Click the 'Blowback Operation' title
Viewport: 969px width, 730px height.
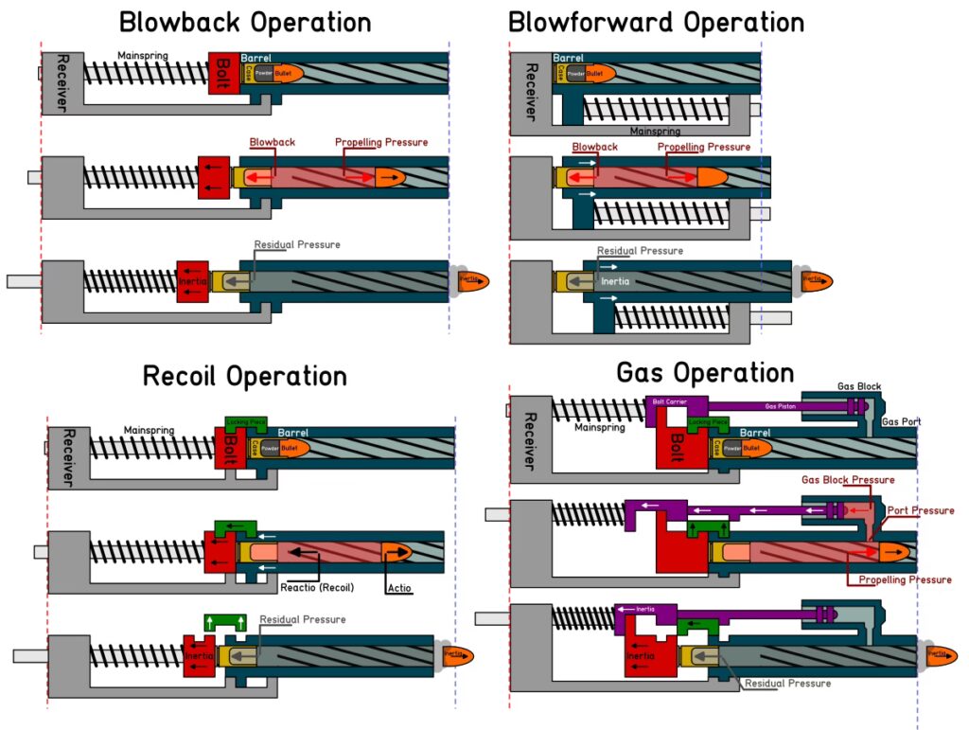tap(244, 22)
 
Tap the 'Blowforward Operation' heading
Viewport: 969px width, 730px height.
tap(656, 22)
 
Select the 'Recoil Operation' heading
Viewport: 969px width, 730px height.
tap(244, 376)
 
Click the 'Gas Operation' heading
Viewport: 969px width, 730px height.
tap(705, 372)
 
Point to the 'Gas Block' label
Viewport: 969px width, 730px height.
tap(858, 387)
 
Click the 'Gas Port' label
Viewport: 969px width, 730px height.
tap(901, 421)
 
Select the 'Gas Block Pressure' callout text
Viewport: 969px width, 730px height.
tap(848, 480)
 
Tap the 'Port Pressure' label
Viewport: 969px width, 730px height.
tap(921, 510)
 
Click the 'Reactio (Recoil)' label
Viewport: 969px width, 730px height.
tap(317, 587)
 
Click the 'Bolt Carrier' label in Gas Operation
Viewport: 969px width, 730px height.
tap(669, 401)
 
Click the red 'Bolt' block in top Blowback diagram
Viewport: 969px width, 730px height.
tap(223, 72)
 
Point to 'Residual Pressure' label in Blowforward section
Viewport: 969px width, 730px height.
tap(640, 251)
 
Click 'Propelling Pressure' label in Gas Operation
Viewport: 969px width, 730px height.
tap(905, 579)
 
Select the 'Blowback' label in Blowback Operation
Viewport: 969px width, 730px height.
tap(273, 142)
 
